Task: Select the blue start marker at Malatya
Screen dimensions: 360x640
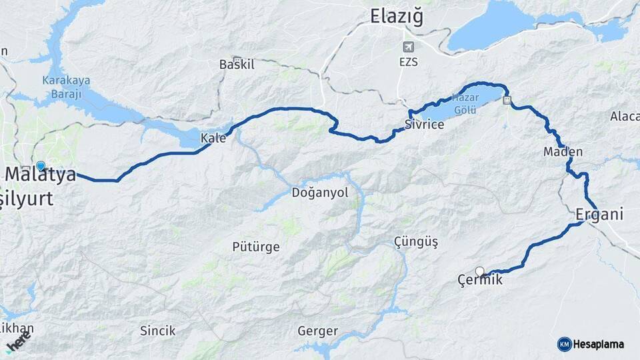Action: click(x=41, y=166)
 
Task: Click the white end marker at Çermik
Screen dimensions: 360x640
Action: click(x=479, y=271)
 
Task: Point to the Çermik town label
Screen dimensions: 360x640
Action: click(x=480, y=281)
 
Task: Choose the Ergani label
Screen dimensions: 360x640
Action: click(x=599, y=215)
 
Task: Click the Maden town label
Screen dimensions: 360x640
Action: click(x=563, y=152)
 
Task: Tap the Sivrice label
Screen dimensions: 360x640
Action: click(x=424, y=125)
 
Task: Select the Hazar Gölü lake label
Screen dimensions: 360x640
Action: click(x=465, y=103)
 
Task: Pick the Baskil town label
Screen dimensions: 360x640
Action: click(x=237, y=65)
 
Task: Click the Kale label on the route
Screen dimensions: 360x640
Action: click(x=213, y=139)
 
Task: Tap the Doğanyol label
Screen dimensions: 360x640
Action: click(x=320, y=193)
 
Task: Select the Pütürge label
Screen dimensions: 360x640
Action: click(x=255, y=247)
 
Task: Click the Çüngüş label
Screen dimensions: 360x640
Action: click(x=415, y=242)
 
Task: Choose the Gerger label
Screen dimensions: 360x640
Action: click(x=317, y=331)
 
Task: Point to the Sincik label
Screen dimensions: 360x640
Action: click(x=157, y=330)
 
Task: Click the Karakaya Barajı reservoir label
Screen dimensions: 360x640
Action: click(x=66, y=87)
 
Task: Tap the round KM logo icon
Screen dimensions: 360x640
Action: click(x=564, y=344)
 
